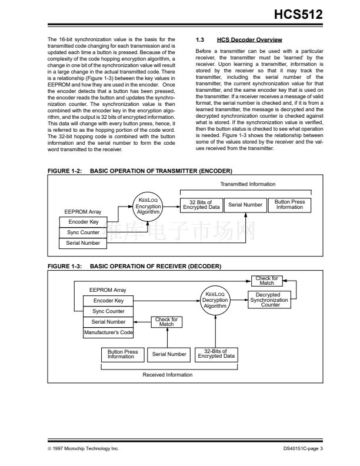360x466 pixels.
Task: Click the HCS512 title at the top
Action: (x=298, y=14)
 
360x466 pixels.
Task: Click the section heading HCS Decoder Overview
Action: (x=241, y=39)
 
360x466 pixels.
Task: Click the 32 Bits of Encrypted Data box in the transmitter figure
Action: (x=201, y=205)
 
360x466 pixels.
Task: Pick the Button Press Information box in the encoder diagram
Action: (x=289, y=205)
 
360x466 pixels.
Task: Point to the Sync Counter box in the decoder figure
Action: (x=108, y=311)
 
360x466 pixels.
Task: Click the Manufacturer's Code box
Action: (x=108, y=332)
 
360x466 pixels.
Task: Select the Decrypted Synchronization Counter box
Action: (x=270, y=299)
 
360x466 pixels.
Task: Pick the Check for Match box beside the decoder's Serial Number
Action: (x=166, y=322)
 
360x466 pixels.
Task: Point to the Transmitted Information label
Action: (x=247, y=184)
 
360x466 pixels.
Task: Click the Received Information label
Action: (x=167, y=374)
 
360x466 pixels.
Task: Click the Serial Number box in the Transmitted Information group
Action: (x=245, y=205)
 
